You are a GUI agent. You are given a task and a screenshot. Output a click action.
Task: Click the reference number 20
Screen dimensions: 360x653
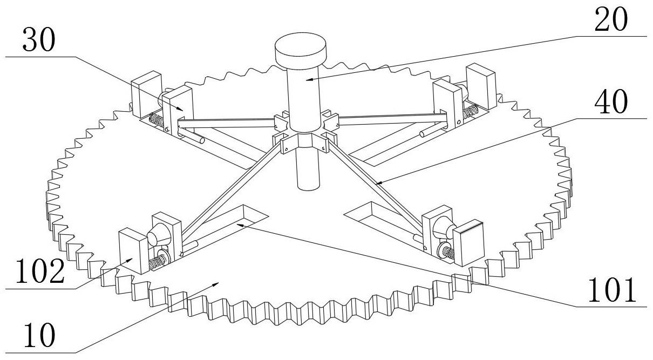click(611, 21)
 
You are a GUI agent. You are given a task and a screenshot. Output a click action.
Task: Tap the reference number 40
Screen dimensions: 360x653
click(611, 103)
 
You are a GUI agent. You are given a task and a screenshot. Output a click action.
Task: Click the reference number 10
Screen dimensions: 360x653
click(39, 336)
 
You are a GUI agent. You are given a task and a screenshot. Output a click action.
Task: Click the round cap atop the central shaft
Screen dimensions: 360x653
click(301, 50)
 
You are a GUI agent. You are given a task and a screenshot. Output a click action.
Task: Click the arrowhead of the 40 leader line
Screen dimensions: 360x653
click(377, 185)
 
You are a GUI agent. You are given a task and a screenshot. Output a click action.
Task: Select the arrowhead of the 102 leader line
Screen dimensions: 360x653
click(133, 259)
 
